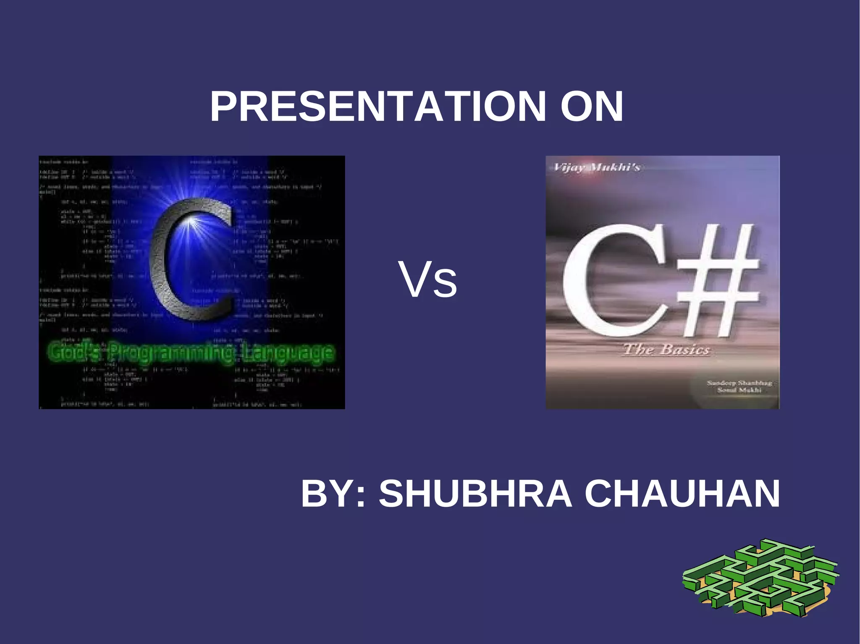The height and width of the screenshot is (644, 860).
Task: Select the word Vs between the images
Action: coord(428,280)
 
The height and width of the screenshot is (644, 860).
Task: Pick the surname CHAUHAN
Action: coord(682,494)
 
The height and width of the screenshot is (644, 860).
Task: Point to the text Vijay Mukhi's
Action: coord(597,168)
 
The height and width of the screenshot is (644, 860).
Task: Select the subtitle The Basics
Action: coord(667,349)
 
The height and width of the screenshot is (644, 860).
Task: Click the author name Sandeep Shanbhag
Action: coord(739,383)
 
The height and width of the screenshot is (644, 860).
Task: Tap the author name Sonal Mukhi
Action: coord(739,390)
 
